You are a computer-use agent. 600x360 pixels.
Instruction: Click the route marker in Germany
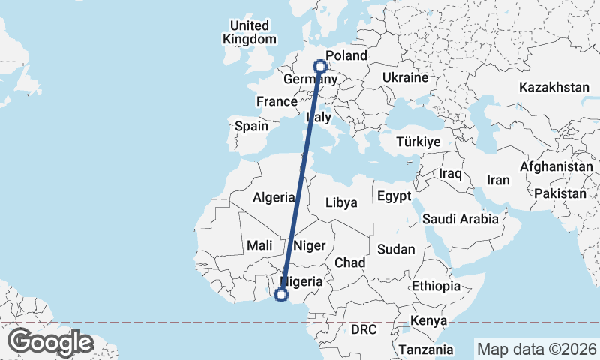[321, 65]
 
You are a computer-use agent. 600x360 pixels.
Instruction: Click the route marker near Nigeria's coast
[281, 295]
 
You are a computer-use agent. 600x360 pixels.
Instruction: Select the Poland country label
[346, 56]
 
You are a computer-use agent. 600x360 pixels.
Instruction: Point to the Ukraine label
[404, 77]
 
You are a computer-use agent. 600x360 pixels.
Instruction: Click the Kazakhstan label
[553, 87]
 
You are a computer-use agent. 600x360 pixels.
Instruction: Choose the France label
[277, 101]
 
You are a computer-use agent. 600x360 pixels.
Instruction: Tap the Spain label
[251, 127]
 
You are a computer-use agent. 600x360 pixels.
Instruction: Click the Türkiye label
[418, 142]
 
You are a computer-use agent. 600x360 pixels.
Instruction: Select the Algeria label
[274, 198]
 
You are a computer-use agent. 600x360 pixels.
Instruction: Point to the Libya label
[341, 202]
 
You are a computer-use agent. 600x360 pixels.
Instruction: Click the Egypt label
[394, 197]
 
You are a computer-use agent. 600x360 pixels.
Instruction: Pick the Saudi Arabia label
[460, 219]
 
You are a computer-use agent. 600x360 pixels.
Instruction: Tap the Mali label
[259, 245]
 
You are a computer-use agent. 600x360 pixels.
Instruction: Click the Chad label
[349, 262]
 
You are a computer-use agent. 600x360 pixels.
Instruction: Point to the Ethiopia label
[436, 286]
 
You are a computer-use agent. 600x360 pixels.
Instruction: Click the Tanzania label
[426, 349]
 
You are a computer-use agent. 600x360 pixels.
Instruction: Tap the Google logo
[50, 342]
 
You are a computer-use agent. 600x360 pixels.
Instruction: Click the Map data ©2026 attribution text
[536, 349]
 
